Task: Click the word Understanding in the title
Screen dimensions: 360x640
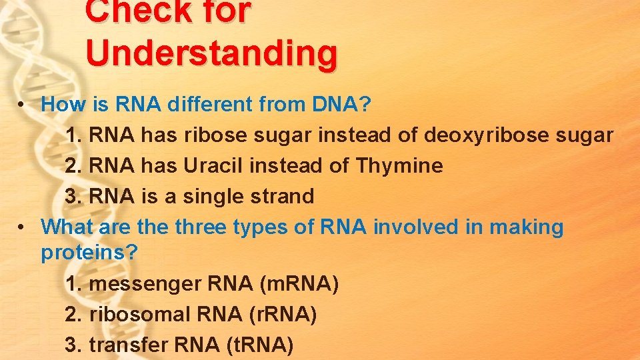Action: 211,53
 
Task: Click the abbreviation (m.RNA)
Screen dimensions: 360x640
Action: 299,284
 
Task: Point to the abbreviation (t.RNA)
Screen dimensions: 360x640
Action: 255,345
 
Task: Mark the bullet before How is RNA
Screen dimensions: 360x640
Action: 22,105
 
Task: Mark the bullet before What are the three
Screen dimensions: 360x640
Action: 22,228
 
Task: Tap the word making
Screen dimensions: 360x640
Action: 526,227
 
